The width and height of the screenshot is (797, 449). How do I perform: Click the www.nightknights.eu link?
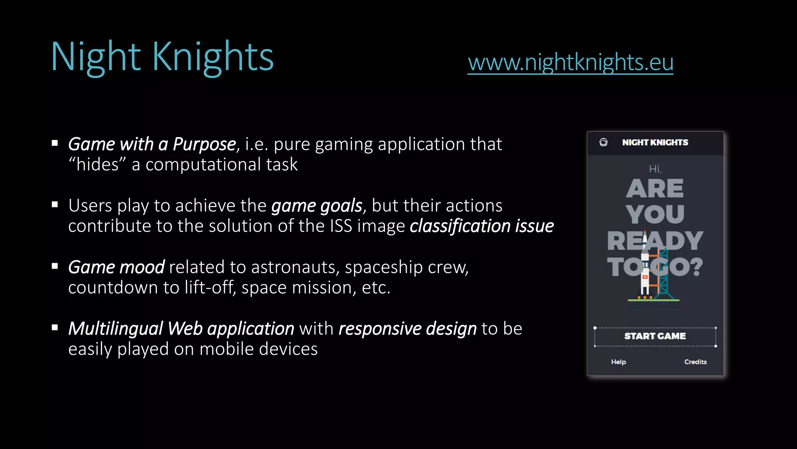[x=570, y=62]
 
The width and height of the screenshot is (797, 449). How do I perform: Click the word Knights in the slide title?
[x=213, y=57]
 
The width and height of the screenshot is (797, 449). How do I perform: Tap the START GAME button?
[x=655, y=336]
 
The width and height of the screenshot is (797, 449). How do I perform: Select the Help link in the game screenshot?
[x=618, y=362]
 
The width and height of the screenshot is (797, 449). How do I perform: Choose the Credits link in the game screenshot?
[x=695, y=362]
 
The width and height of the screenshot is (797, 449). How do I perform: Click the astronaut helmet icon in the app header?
[x=604, y=142]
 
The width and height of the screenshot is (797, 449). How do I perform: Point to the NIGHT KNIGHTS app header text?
[x=655, y=143]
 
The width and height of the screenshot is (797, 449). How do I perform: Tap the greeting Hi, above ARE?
[x=655, y=169]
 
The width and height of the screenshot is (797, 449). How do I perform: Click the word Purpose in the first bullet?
[x=204, y=144]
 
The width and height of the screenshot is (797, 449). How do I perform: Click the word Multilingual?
[x=116, y=329]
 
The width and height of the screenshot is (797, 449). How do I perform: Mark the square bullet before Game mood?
[x=55, y=266]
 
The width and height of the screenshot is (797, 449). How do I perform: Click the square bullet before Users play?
[x=55, y=205]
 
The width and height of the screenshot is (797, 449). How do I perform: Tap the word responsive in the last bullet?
[x=380, y=329]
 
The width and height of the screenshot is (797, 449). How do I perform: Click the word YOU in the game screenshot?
[x=655, y=214]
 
